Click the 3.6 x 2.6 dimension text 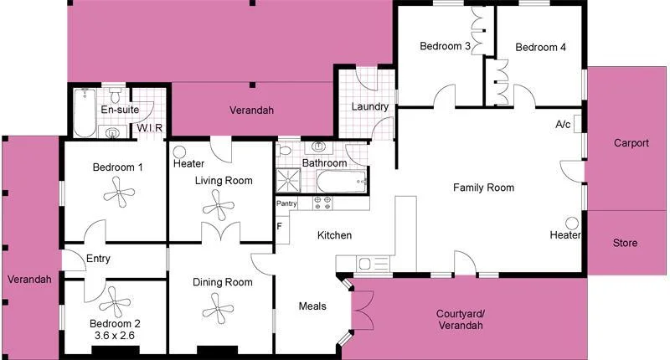pyautogui.click(x=115, y=336)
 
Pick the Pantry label pyautogui.click(x=286, y=203)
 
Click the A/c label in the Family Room pyautogui.click(x=563, y=125)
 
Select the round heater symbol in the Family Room pyautogui.click(x=573, y=224)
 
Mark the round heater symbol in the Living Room pyautogui.click(x=179, y=152)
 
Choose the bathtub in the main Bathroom pyautogui.click(x=342, y=179)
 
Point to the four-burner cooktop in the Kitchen pyautogui.click(x=322, y=202)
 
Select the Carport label pyautogui.click(x=631, y=143)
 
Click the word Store pyautogui.click(x=625, y=244)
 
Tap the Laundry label pyautogui.click(x=369, y=107)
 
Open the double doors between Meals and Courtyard pyautogui.click(x=363, y=311)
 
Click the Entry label pyautogui.click(x=98, y=260)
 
